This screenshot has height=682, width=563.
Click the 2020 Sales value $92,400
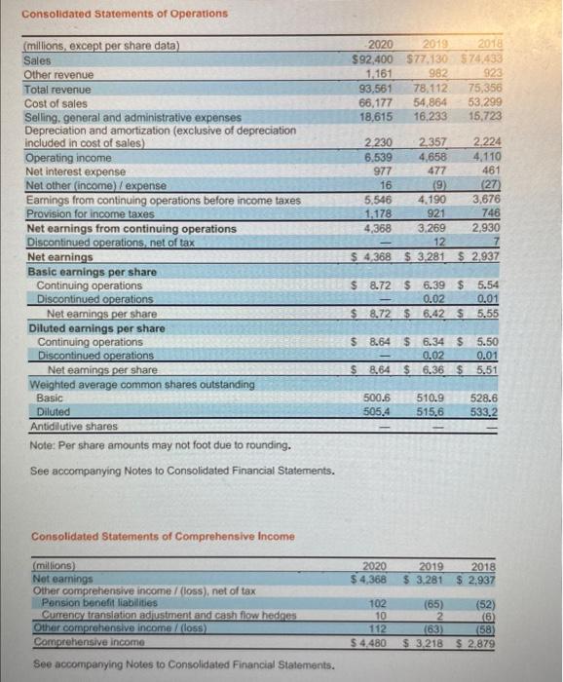[x=373, y=59]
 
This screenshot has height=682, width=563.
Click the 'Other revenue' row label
[x=58, y=74]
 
